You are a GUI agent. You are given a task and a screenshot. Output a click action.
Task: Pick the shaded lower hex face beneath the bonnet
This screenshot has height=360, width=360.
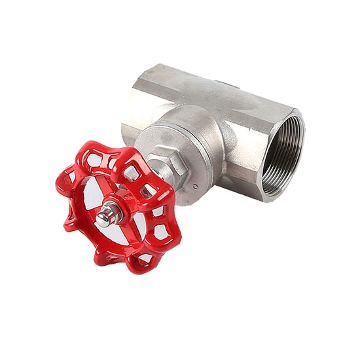[x=242, y=180]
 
